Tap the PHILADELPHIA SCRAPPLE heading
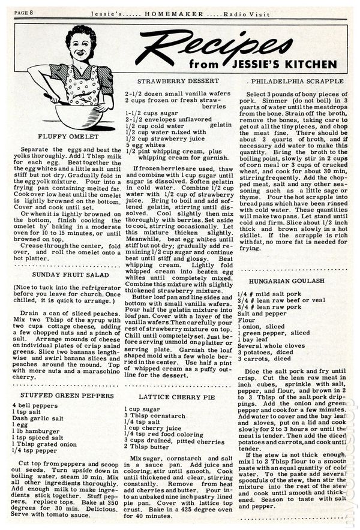[298, 80]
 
